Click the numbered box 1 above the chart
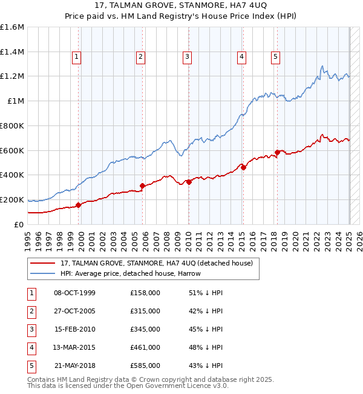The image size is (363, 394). (77, 58)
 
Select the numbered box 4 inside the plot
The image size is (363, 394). (241, 58)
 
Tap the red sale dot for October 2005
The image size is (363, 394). (143, 185)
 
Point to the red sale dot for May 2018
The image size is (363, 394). (277, 152)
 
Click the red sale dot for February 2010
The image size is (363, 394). (189, 181)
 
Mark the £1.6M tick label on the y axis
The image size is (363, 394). (12, 27)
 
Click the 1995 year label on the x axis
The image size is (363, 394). (28, 239)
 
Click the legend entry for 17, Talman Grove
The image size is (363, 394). (160, 263)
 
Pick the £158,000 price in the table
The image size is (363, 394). (145, 293)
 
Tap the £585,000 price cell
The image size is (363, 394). (145, 366)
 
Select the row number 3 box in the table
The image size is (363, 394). (31, 329)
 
